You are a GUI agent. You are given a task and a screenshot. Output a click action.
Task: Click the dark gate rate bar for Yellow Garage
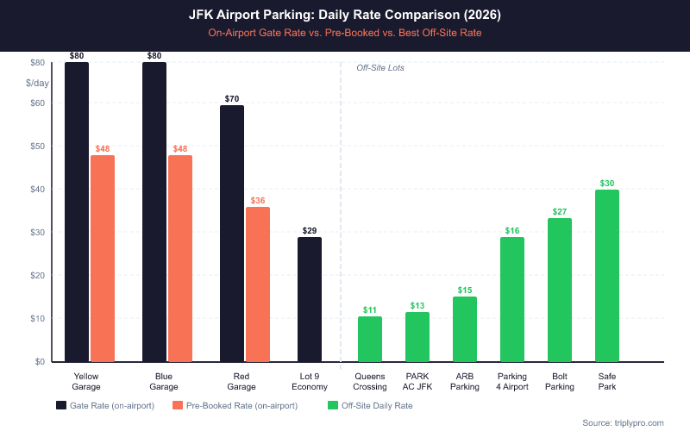pos(77,211)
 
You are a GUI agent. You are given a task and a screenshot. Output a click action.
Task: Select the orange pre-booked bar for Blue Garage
pos(180,259)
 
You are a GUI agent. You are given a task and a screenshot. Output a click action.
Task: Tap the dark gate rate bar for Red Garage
pos(232,233)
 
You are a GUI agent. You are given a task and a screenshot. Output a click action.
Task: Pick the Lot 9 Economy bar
pos(310,299)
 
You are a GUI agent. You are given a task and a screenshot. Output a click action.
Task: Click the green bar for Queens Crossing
pos(370,339)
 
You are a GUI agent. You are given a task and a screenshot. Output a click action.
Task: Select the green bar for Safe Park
pos(607,276)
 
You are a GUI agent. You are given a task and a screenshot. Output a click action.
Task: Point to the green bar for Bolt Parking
pos(560,290)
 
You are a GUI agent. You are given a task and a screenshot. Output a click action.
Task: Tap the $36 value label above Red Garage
pos(258,200)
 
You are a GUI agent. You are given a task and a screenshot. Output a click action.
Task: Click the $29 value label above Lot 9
pos(310,230)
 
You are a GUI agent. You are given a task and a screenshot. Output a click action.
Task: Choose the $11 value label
pos(370,309)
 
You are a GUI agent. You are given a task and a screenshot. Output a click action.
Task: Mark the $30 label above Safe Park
pos(607,183)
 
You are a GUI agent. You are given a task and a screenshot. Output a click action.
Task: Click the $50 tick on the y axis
pos(37,146)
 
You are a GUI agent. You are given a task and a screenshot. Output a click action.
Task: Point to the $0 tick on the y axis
pos(40,361)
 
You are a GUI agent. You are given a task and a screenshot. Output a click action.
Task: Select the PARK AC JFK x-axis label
pos(417,381)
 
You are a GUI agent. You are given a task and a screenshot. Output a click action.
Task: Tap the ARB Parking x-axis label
pos(465,381)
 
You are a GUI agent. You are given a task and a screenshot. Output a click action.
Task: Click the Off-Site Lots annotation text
pos(380,67)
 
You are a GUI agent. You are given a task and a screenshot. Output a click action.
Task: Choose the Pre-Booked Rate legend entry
pos(235,405)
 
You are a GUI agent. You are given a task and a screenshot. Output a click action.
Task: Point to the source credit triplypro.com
pos(623,422)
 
